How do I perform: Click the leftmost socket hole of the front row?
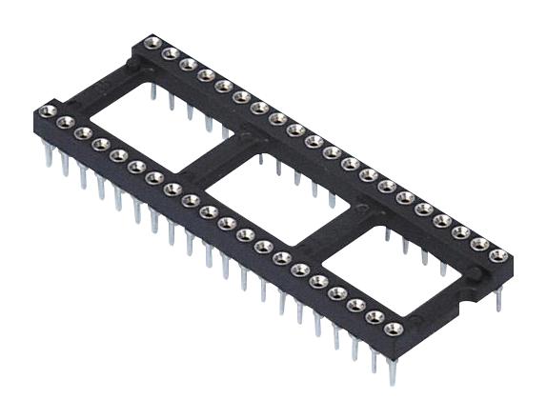pyautogui.click(x=47, y=113)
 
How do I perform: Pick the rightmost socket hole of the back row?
pyautogui.click(x=496, y=255)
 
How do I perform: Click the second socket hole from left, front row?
pyautogui.click(x=65, y=123)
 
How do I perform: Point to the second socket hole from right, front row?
pyautogui.click(x=373, y=317)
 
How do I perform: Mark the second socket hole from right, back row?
pyautogui.click(x=478, y=245)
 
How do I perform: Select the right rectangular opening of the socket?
pyautogui.click(x=386, y=268)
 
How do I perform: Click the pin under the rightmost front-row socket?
pyautogui.click(x=392, y=367)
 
